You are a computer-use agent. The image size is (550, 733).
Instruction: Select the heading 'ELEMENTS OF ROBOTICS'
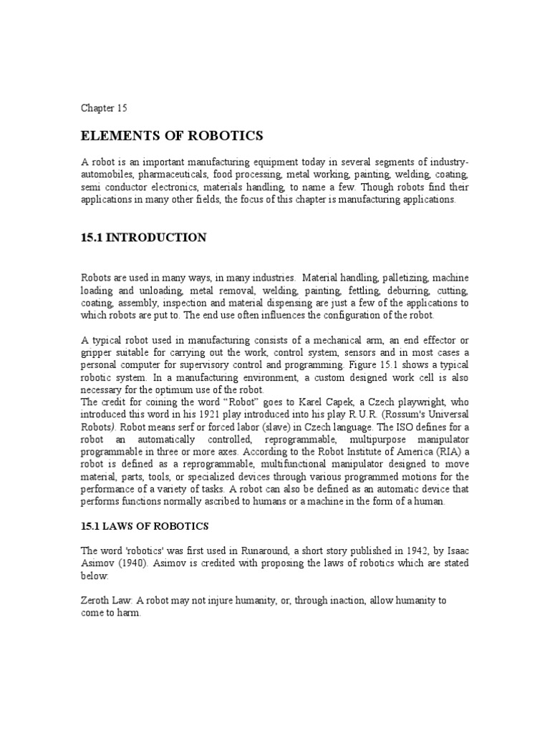click(x=171, y=135)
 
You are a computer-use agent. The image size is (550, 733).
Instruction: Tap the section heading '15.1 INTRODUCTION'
click(x=144, y=238)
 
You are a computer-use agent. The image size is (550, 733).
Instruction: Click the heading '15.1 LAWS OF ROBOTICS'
click(x=144, y=526)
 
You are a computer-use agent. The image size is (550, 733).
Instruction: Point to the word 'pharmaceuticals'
click(x=174, y=175)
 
